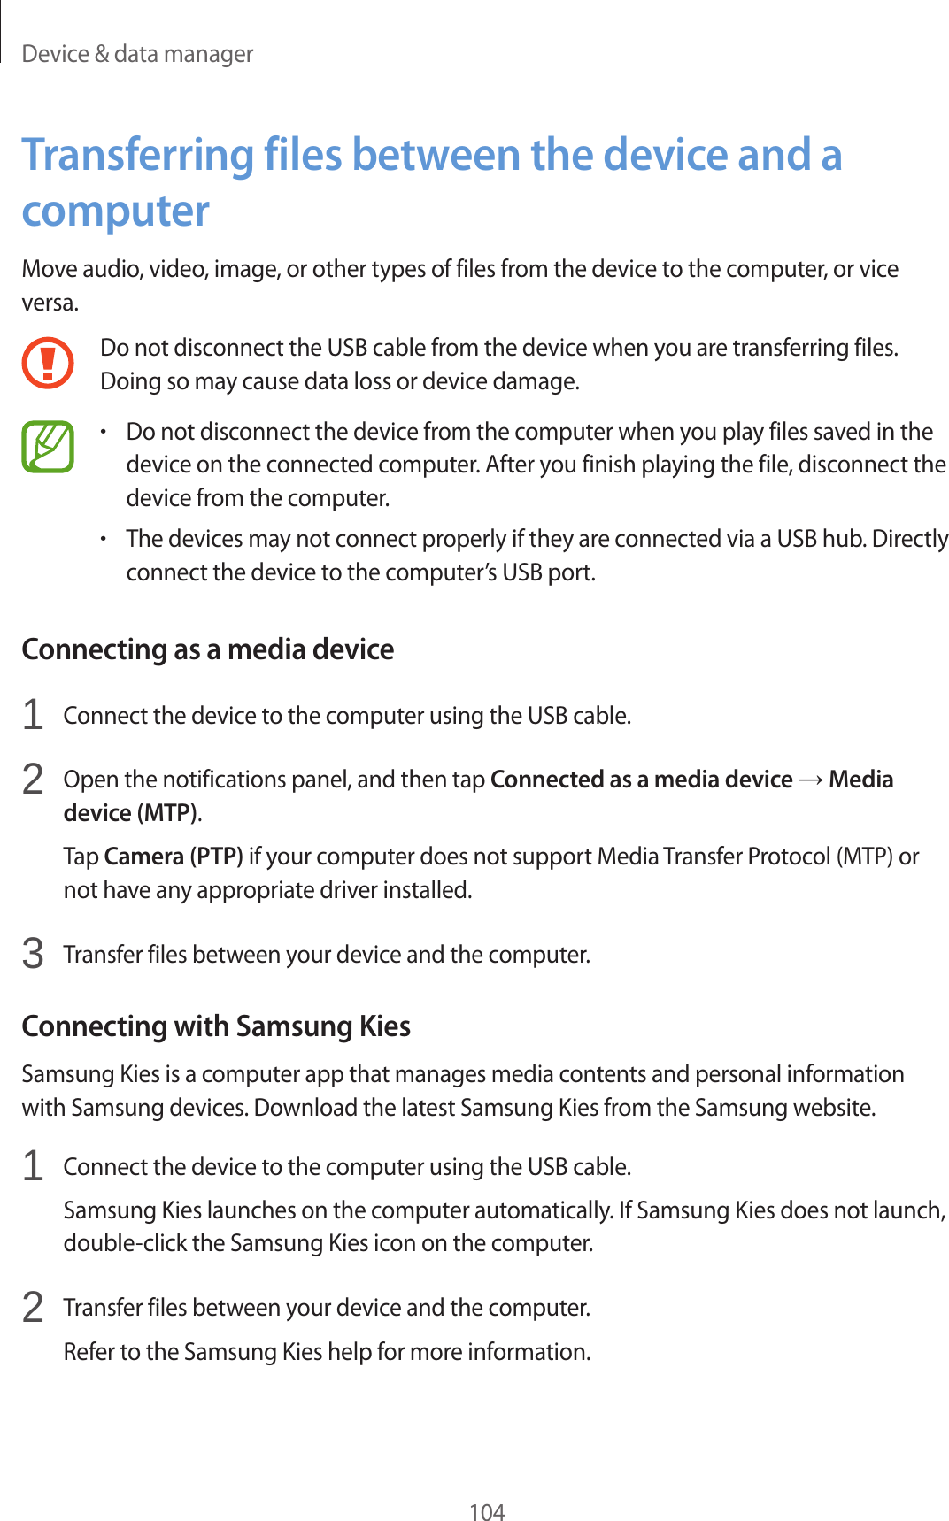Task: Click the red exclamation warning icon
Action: pyautogui.click(x=48, y=363)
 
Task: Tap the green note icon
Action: pyautogui.click(x=48, y=447)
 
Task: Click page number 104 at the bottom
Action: pyautogui.click(x=486, y=1511)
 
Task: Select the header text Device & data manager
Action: pyautogui.click(x=137, y=54)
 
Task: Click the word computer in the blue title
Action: pyautogui.click(x=115, y=211)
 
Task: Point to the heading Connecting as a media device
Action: pyautogui.click(x=207, y=649)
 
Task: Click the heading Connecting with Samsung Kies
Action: pyautogui.click(x=216, y=1026)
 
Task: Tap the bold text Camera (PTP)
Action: pyautogui.click(x=174, y=857)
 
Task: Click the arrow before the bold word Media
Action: pyautogui.click(x=810, y=780)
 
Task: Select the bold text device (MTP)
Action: pyautogui.click(x=131, y=812)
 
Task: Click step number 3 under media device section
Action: pyautogui.click(x=33, y=954)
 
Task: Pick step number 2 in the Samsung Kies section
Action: pyautogui.click(x=33, y=1307)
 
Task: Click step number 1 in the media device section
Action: pyautogui.click(x=33, y=714)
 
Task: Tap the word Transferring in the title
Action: pyautogui.click(x=137, y=155)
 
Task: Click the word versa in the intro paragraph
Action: pyautogui.click(x=49, y=303)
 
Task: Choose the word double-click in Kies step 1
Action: pyautogui.click(x=125, y=1243)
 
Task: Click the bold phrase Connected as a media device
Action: pyautogui.click(x=641, y=780)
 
